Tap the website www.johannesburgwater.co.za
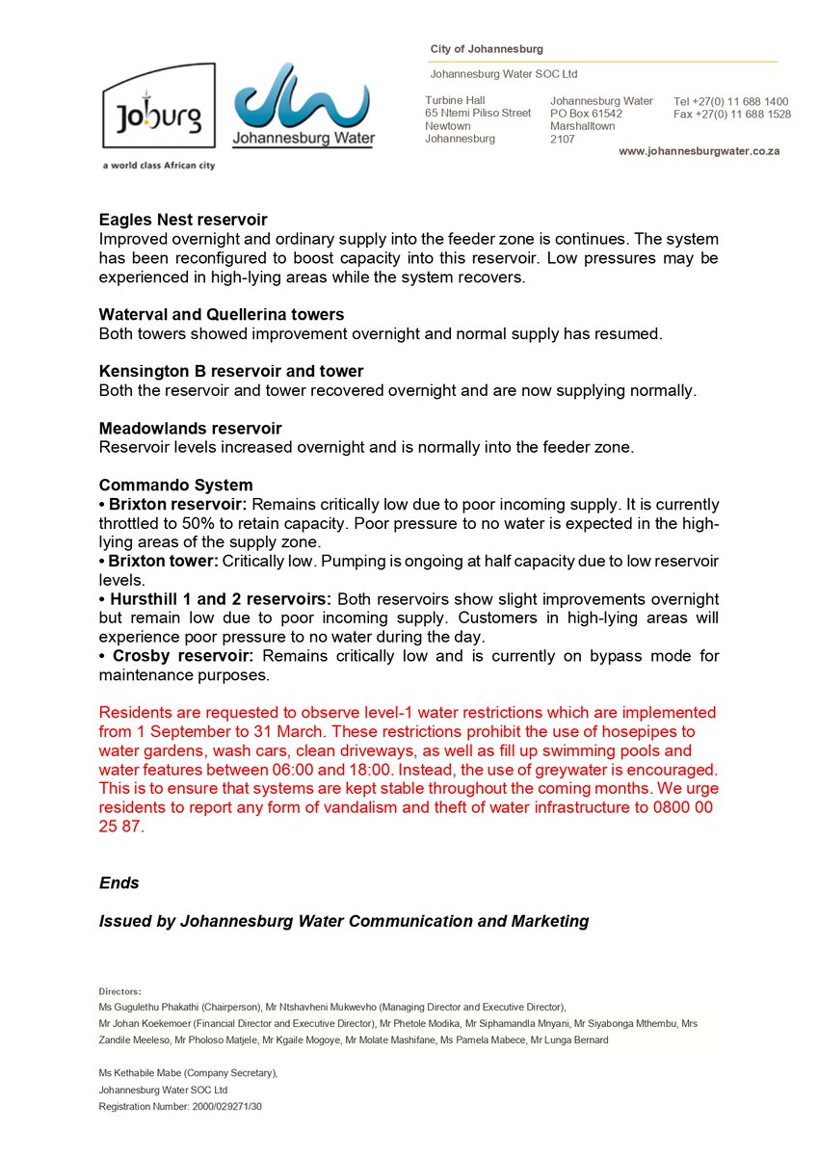[x=699, y=151]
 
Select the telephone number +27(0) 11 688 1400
[x=743, y=101]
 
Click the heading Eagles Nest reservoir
[x=183, y=220]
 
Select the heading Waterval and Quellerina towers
[x=221, y=315]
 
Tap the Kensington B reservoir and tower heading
[x=231, y=372]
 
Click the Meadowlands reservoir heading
[x=190, y=429]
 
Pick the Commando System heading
[x=175, y=486]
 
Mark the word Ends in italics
[x=119, y=883]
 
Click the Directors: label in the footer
[x=119, y=990]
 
